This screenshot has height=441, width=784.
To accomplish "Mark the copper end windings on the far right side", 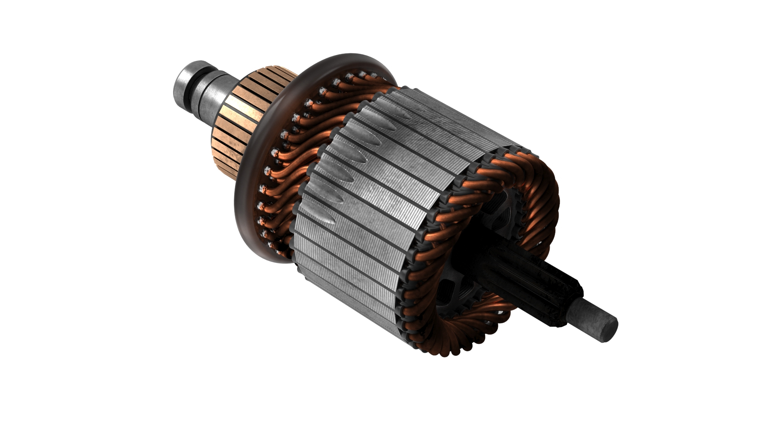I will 547,204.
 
